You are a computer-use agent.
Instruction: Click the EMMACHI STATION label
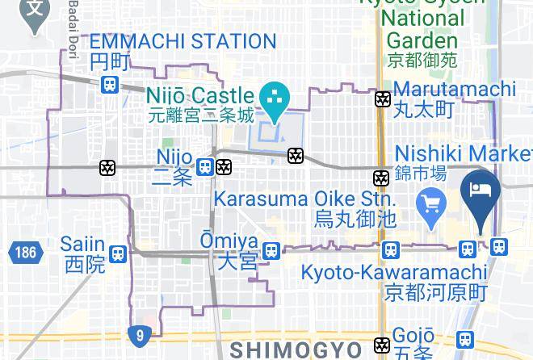coord(183,41)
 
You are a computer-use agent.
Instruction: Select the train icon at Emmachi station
coord(109,84)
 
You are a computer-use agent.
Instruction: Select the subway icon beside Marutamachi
coord(382,99)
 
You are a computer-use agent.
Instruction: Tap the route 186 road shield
coord(25,253)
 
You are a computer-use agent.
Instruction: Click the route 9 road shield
coord(138,333)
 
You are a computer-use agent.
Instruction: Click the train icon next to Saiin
coord(118,254)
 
